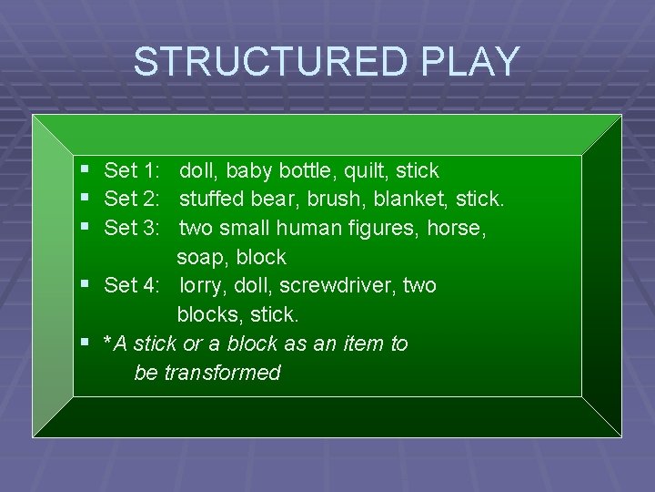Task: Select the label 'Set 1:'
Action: click(133, 170)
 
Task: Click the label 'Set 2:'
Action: click(133, 199)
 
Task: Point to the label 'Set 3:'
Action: click(133, 228)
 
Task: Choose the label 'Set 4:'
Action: click(133, 286)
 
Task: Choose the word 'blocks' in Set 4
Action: click(207, 315)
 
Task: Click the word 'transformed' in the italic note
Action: click(222, 373)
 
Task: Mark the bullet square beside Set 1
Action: click(85, 169)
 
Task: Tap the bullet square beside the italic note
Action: click(85, 343)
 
